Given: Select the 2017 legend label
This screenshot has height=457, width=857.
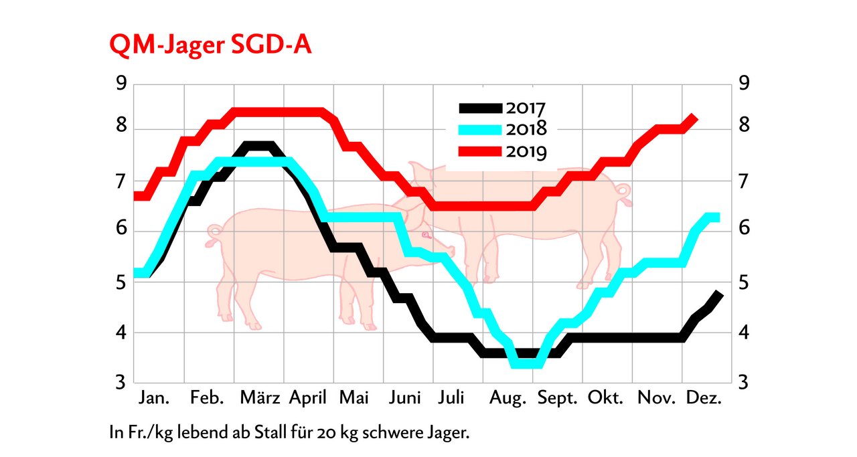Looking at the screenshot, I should [526, 107].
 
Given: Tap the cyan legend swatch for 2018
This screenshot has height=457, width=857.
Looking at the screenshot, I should [479, 129].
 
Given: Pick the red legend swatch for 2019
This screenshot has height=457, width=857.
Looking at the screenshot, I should [479, 151].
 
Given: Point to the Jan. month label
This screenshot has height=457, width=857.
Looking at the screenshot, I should [153, 398].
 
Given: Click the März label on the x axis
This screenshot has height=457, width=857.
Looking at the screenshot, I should [259, 398].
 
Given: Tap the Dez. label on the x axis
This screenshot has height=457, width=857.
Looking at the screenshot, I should [704, 398].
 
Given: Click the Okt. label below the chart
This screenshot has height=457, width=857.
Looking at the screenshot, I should [606, 398].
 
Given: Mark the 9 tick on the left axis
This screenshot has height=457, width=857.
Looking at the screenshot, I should [121, 84].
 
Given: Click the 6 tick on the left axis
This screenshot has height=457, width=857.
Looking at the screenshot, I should [121, 229].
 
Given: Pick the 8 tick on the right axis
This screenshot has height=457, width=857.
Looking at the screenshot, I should [743, 127].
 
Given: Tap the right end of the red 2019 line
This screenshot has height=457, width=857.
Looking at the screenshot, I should [695, 118].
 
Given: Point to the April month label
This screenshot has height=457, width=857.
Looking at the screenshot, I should [308, 399].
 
